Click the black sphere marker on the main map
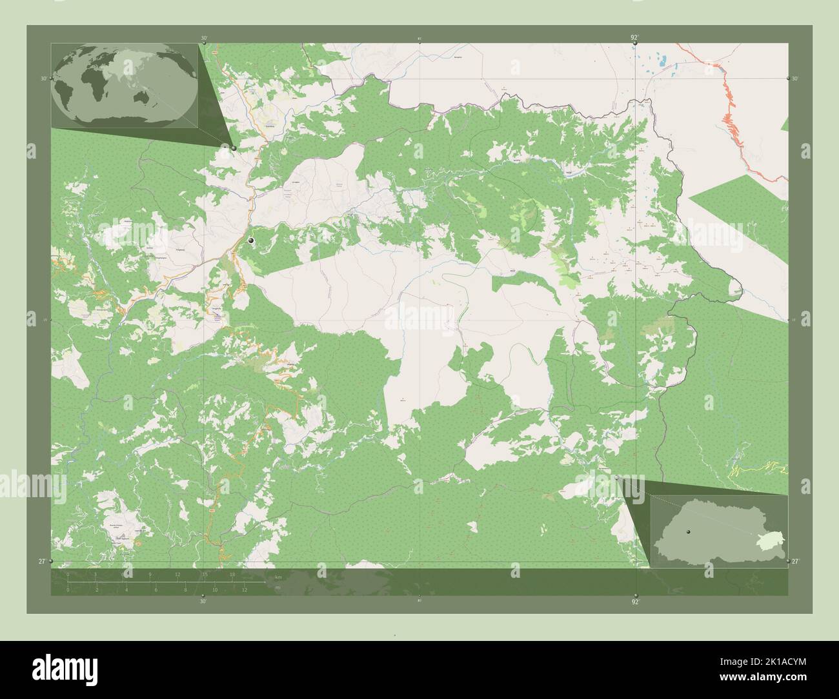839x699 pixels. click(251, 241)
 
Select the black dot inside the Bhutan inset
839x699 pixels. click(689, 531)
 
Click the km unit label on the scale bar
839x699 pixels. click(278, 576)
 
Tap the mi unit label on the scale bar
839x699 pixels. click(278, 587)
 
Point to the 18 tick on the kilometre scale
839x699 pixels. click(232, 574)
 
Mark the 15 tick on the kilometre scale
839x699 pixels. click(205, 574)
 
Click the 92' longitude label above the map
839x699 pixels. click(635, 38)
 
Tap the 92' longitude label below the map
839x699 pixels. click(636, 602)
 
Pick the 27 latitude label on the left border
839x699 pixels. click(42, 562)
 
